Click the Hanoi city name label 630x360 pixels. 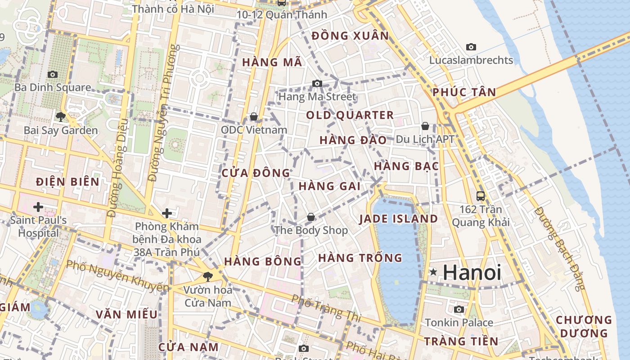click(472, 273)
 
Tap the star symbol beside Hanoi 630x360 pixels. click(433, 272)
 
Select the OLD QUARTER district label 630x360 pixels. click(350, 115)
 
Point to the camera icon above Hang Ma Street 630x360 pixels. click(317, 83)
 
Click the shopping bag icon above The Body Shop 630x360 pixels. click(311, 217)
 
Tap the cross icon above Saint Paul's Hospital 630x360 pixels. click(38, 207)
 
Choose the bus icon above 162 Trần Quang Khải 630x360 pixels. click(481, 196)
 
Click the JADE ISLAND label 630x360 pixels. click(398, 219)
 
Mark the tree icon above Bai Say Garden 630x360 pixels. click(60, 117)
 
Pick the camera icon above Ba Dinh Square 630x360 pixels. click(53, 74)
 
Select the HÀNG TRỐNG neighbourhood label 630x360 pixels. click(360, 258)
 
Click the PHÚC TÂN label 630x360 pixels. click(464, 93)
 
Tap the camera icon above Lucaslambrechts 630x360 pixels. click(471, 47)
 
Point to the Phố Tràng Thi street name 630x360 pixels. click(326, 308)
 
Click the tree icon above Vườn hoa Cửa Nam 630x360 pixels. click(207, 276)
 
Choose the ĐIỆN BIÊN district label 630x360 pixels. click(67, 182)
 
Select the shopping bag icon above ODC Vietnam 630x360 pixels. click(254, 117)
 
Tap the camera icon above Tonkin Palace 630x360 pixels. click(459, 309)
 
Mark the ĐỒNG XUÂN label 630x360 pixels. click(350, 36)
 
